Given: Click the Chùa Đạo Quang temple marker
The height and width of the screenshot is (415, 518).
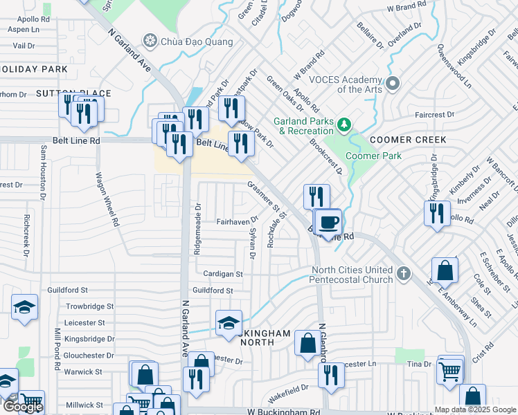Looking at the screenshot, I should click(148, 41).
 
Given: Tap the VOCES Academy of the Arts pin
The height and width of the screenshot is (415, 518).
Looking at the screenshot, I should click(393, 84).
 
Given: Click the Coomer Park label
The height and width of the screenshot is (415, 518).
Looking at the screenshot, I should click(373, 156).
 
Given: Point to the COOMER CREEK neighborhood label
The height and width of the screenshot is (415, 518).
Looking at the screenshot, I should click(407, 140).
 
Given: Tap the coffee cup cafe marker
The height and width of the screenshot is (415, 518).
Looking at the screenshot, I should click(329, 222).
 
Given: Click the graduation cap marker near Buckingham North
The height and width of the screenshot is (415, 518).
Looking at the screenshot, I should click(229, 323).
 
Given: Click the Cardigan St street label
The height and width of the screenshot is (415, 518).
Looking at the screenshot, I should click(218, 274).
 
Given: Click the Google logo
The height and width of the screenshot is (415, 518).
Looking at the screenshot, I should click(22, 406).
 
